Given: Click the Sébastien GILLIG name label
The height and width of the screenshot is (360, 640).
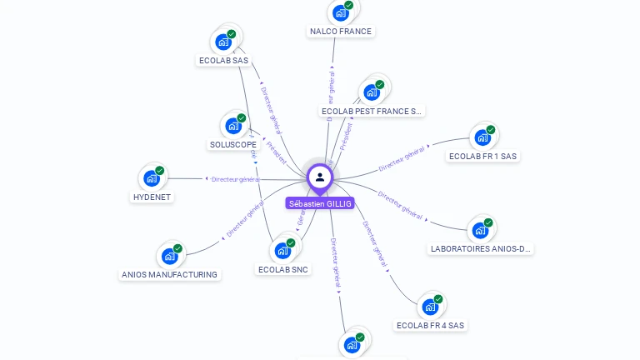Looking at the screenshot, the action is click(320, 203).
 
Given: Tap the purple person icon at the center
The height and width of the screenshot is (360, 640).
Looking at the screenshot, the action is click(320, 177).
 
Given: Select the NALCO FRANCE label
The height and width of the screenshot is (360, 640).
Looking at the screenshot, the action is click(340, 32).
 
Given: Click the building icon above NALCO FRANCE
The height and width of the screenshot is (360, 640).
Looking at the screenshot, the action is click(340, 12).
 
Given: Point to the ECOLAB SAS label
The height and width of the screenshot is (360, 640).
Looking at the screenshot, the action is click(223, 60).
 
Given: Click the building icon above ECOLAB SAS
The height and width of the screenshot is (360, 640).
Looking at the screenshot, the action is click(223, 41).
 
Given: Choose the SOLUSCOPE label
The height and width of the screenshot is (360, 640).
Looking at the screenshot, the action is click(233, 144).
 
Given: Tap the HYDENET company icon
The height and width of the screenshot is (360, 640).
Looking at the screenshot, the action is click(152, 177).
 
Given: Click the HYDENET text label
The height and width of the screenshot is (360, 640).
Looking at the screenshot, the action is click(152, 197).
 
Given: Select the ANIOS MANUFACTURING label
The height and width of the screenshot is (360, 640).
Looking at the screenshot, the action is click(169, 274).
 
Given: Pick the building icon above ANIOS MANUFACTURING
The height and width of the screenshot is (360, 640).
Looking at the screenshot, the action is click(170, 255).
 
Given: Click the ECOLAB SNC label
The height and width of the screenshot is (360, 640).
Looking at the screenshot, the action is click(284, 269).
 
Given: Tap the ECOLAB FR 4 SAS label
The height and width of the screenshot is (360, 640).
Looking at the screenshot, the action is click(430, 325).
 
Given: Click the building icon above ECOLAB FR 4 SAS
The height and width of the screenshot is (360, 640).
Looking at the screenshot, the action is click(430, 306).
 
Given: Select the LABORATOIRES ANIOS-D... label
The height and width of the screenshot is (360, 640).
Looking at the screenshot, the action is click(481, 248).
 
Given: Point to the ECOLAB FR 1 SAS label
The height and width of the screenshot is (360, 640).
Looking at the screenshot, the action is click(482, 156).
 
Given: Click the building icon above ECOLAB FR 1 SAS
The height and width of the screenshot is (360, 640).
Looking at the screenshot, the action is click(482, 137).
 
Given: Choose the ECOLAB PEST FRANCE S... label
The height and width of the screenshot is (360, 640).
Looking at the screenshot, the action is click(372, 111).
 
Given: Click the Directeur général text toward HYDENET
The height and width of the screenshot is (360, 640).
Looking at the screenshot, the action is click(237, 179).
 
